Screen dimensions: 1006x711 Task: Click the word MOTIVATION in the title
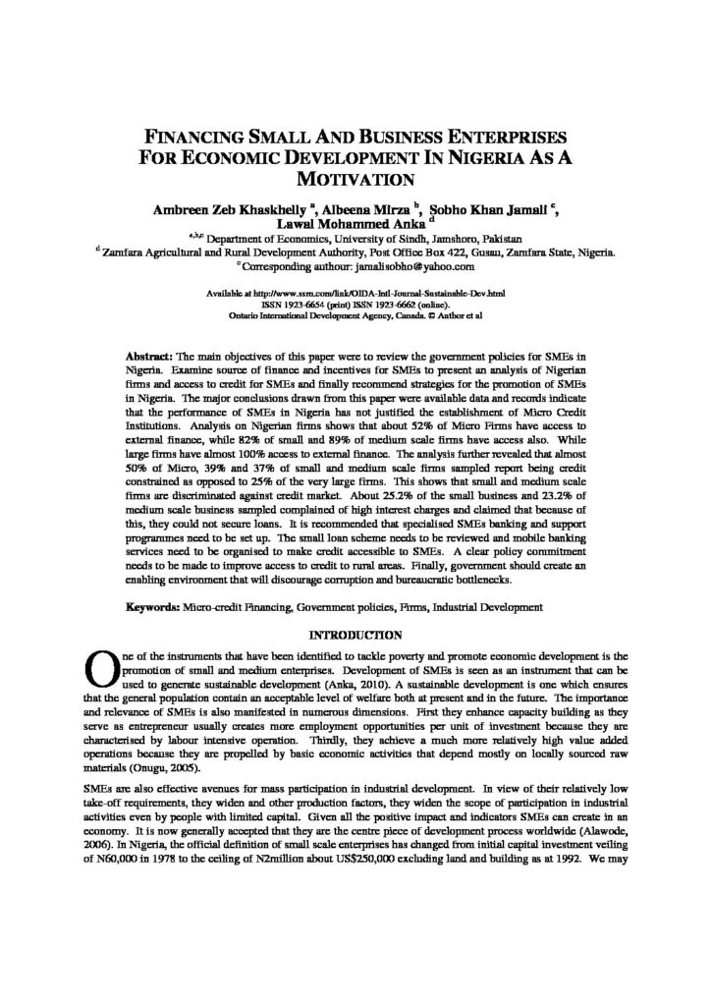point(355,179)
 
